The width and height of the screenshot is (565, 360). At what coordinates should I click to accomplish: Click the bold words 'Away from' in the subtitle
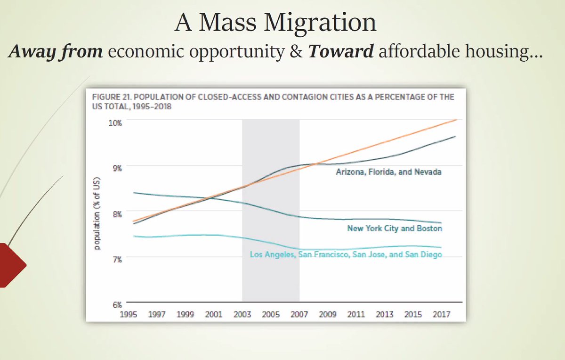click(x=56, y=52)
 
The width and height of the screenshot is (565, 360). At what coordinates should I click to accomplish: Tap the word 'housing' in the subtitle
click(x=500, y=53)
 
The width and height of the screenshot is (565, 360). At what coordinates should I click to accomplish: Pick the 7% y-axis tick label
click(x=116, y=259)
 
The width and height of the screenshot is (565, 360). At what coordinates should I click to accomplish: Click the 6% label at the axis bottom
click(x=116, y=304)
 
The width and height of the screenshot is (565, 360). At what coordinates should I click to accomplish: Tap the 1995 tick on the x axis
click(x=129, y=314)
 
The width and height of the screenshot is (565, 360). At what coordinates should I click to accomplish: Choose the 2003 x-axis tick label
click(x=242, y=314)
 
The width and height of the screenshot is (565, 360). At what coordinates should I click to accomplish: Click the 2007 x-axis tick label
click(x=299, y=314)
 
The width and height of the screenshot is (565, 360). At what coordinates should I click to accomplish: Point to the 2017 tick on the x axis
click(x=442, y=314)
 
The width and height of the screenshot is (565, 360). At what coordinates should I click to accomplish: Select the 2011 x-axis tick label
click(x=356, y=314)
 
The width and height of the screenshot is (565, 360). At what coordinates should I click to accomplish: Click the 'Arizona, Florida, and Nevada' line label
click(x=388, y=172)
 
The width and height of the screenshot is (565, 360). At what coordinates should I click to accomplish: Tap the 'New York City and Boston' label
click(x=395, y=229)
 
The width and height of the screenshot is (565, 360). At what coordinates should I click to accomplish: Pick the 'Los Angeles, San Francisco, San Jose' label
click(x=346, y=255)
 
